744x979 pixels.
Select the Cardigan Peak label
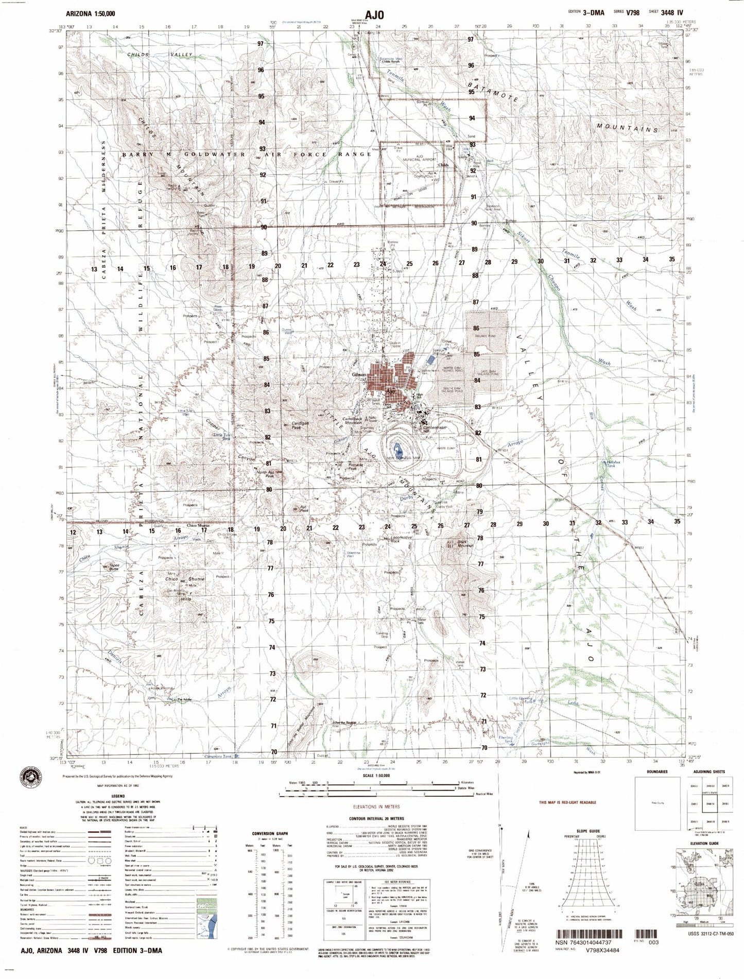click(300, 425)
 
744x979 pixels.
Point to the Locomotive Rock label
click(402, 539)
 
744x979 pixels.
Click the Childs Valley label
click(160, 54)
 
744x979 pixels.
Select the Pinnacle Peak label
click(356, 467)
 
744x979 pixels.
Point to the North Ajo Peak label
click(265, 474)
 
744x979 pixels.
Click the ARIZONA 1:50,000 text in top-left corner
click(91, 13)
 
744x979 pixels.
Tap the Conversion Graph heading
click(270, 833)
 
